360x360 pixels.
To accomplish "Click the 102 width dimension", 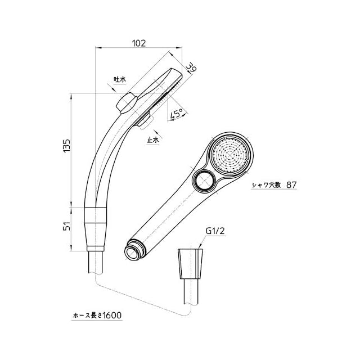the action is [139, 43].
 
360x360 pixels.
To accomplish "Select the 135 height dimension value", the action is [66, 146].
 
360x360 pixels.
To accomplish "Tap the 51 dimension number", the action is [66, 226].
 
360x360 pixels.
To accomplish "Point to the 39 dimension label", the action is [191, 68].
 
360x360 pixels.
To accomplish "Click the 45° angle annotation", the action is [176, 114].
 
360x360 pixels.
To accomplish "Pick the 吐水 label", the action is [120, 79].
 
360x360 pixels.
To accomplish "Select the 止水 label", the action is [153, 140].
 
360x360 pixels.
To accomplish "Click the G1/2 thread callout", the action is [215, 231].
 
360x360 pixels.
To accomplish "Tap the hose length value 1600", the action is [112, 315].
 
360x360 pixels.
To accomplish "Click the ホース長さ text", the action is [88, 316].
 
